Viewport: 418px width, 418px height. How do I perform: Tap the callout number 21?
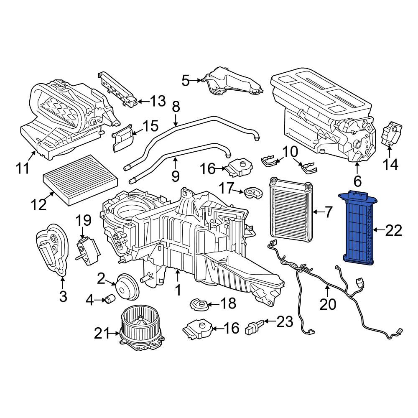102,333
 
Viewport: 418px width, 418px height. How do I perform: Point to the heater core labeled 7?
291,209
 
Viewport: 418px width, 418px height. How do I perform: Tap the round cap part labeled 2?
127,287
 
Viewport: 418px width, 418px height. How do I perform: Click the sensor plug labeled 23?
254,326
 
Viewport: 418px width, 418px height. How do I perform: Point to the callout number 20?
328,304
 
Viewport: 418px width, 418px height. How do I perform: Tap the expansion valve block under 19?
87,250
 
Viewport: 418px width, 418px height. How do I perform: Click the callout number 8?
176,107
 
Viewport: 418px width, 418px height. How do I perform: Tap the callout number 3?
63,296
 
